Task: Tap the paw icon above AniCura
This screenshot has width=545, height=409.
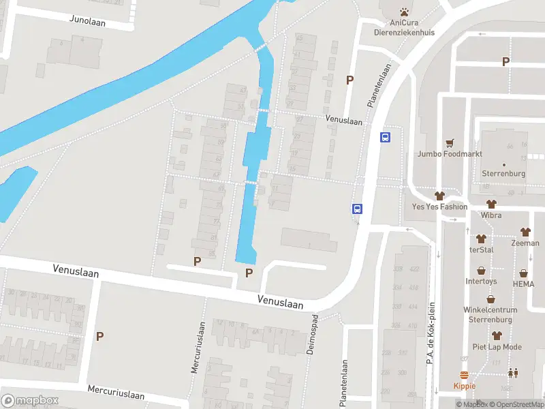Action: tap(404, 12)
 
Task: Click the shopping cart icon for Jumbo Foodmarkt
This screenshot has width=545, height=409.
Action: tap(450, 143)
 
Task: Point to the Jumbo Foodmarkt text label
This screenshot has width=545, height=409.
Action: tap(450, 154)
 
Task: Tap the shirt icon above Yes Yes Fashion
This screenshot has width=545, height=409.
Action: tap(439, 196)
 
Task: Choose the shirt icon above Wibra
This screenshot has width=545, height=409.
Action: tap(490, 204)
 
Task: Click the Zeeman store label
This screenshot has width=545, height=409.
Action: tap(525, 243)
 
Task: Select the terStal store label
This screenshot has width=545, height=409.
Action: tap(481, 249)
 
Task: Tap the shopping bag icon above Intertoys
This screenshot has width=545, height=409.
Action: tap(482, 270)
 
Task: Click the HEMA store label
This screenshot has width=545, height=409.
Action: tap(523, 284)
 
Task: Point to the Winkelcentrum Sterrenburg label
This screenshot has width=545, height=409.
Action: tap(490, 314)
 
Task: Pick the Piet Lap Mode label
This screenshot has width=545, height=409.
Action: tap(497, 347)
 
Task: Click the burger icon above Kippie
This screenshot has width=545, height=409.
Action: tap(465, 375)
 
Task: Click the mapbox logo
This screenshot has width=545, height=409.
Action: tap(30, 401)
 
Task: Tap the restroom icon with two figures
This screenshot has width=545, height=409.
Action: tap(512, 373)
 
